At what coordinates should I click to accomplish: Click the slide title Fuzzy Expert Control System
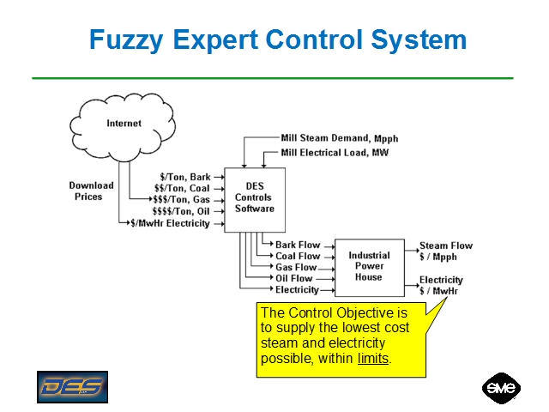[x=278, y=39]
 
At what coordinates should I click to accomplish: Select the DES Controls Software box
[x=254, y=198]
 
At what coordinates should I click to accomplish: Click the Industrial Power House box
[x=369, y=266]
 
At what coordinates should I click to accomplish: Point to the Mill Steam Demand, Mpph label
[x=340, y=138]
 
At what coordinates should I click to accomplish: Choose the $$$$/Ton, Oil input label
[x=181, y=211]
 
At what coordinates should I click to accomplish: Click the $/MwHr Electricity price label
[x=170, y=223]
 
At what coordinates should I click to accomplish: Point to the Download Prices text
[x=91, y=191]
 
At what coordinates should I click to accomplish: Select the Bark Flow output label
[x=298, y=245]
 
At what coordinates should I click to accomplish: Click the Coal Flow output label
[x=298, y=256]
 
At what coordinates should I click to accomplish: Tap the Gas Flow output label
[x=296, y=267]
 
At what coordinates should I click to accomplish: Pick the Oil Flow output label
[x=295, y=278]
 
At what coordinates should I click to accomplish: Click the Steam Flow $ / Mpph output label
[x=446, y=251]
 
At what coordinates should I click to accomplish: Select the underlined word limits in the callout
[x=373, y=357]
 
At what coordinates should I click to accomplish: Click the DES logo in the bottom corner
[x=71, y=386]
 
